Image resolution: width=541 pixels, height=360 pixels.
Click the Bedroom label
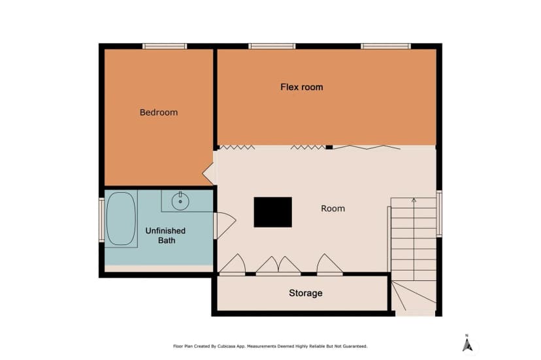(159, 112)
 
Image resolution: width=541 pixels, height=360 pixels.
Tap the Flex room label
(302, 87)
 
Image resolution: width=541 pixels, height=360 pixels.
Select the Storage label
(306, 293)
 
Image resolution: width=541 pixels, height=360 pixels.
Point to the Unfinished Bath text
(165, 235)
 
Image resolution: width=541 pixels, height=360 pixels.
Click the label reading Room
(333, 208)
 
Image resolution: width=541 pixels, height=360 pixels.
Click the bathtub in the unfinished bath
(121, 218)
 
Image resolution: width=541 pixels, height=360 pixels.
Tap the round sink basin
(180, 202)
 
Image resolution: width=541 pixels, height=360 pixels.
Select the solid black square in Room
(273, 212)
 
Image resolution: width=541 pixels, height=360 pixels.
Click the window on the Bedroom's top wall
(165, 46)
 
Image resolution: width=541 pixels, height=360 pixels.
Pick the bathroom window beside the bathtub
(102, 220)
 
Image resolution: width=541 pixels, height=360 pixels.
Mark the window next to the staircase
(439, 214)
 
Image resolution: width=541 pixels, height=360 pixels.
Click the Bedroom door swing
(208, 173)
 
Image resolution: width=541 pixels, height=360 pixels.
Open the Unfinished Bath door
(225, 225)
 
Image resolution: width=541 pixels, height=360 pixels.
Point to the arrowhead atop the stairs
(414, 200)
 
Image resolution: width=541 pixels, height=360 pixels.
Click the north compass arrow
(467, 345)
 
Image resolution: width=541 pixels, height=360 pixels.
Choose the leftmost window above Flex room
(272, 46)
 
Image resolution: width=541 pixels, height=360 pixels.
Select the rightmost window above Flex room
(385, 46)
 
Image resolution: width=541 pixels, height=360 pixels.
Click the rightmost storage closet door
(330, 265)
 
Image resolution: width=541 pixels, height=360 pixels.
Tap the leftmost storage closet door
(233, 265)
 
